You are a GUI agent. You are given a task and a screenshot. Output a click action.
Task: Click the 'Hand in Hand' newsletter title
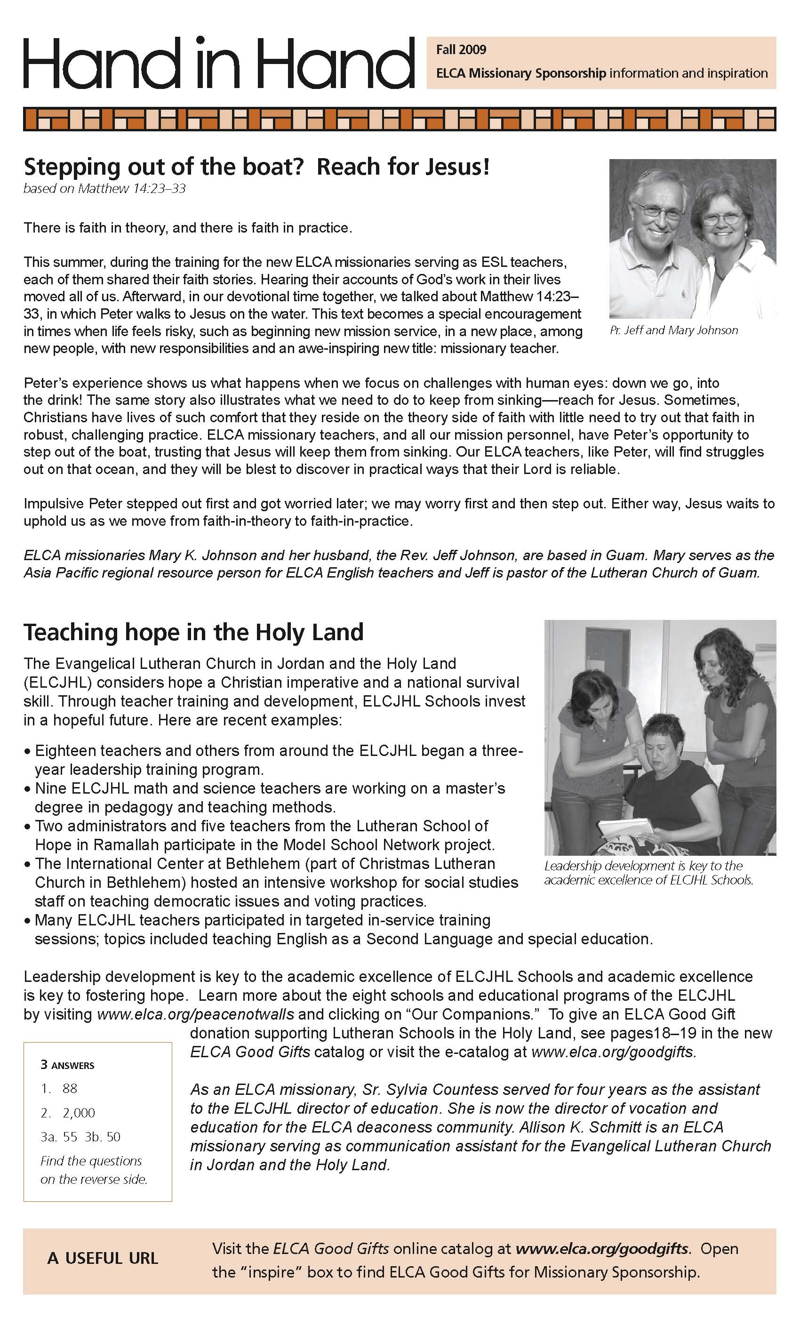pyautogui.click(x=218, y=63)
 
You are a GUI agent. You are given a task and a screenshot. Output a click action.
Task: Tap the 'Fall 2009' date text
pyautogui.click(x=461, y=50)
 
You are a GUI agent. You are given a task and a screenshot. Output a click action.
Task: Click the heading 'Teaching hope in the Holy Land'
pyautogui.click(x=193, y=632)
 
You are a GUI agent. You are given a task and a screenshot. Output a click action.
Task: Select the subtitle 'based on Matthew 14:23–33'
pyautogui.click(x=104, y=189)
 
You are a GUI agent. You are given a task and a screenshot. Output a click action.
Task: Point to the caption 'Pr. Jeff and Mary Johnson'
pyautogui.click(x=673, y=330)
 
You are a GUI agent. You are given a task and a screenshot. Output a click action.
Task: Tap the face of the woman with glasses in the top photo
pyautogui.click(x=721, y=220)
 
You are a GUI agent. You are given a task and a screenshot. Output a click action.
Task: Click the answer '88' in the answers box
pyautogui.click(x=70, y=1088)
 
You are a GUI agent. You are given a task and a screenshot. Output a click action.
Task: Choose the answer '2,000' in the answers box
pyautogui.click(x=79, y=1113)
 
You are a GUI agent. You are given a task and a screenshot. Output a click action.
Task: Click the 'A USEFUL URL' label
pyautogui.click(x=103, y=1258)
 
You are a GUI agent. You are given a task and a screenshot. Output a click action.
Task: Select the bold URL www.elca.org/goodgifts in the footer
pyautogui.click(x=601, y=1249)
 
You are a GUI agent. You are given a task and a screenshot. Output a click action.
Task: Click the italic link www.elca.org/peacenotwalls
pyautogui.click(x=195, y=1014)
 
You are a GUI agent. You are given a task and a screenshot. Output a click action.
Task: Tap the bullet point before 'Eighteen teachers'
pyautogui.click(x=28, y=752)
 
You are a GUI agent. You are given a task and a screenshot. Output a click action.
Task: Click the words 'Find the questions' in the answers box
pyautogui.click(x=91, y=1161)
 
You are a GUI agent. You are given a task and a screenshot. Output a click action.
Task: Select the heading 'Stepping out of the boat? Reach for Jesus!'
pyautogui.click(x=256, y=167)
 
